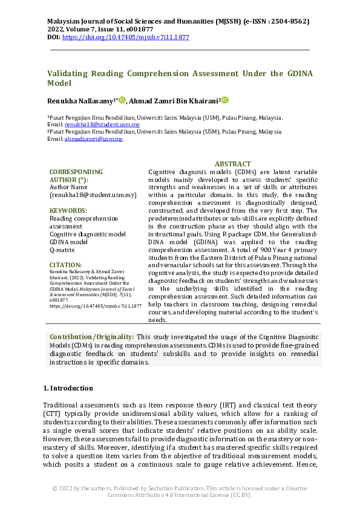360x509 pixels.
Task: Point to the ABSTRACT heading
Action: pyautogui.click(x=232, y=164)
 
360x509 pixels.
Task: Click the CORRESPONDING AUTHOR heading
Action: pyautogui.click(x=76, y=175)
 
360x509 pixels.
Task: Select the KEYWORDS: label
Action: pyautogui.click(x=68, y=210)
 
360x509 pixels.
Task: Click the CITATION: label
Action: pyautogui.click(x=65, y=265)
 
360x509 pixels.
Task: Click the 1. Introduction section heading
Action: pyautogui.click(x=68, y=387)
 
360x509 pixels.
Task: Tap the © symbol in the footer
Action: pyautogui.click(x=55, y=487)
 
